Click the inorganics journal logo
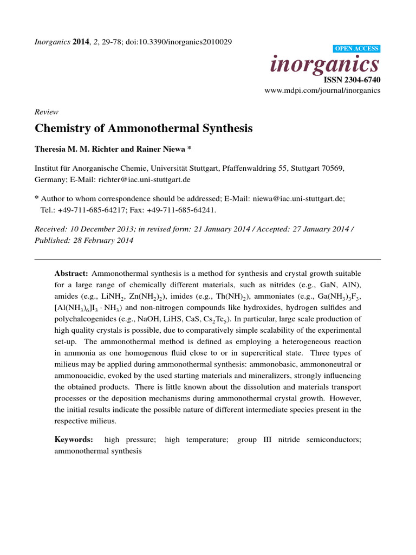[324, 65]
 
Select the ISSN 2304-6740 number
[352, 80]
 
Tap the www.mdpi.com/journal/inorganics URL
[322, 91]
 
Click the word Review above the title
[46, 112]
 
